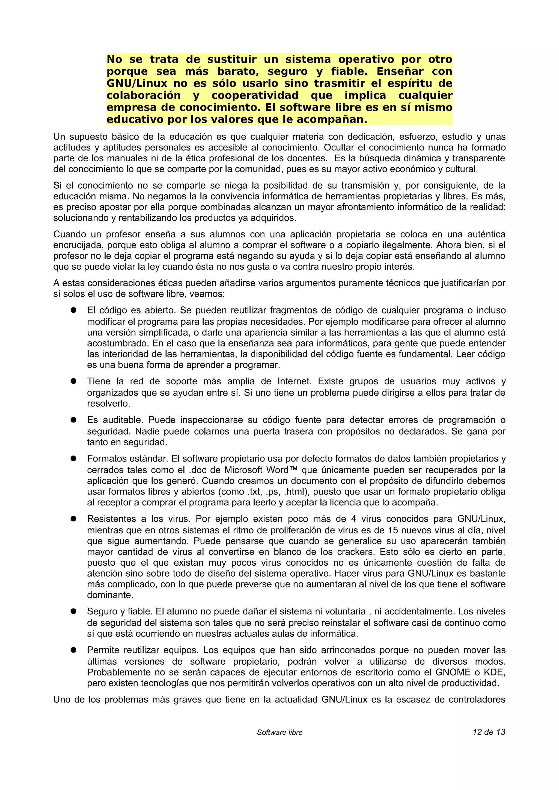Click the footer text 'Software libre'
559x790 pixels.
[279, 732]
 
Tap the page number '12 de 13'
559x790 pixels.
[489, 732]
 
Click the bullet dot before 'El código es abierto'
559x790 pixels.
[73, 310]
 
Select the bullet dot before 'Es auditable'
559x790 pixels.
[73, 420]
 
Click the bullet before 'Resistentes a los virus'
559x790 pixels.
[73, 518]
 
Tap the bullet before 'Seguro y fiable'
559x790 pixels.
[73, 611]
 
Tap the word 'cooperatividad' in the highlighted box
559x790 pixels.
[255, 95]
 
